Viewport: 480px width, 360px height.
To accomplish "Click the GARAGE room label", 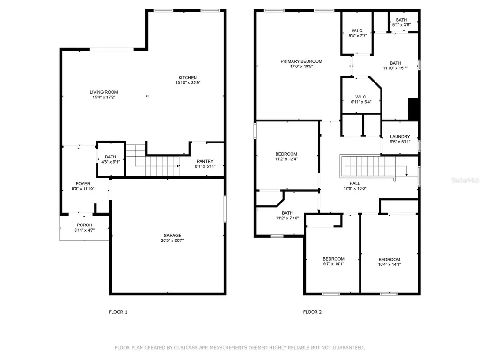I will click(x=172, y=236).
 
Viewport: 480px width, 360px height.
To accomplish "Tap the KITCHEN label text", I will click(x=187, y=78).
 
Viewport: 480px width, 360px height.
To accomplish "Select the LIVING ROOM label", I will click(x=104, y=92).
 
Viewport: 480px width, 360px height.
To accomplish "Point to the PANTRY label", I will click(x=205, y=160).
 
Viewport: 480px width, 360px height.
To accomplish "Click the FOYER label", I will click(x=83, y=184).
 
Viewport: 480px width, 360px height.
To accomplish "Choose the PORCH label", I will click(x=84, y=225).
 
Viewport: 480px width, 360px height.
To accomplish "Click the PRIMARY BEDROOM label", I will click(x=301, y=61).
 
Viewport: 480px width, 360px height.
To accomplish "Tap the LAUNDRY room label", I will click(x=400, y=137).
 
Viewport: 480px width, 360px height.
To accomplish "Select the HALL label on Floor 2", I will click(x=355, y=184).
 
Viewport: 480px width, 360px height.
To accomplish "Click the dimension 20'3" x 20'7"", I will click(x=172, y=241).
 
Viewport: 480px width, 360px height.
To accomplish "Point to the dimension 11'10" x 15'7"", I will click(x=396, y=68).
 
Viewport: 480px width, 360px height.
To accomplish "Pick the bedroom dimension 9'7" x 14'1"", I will click(x=333, y=264).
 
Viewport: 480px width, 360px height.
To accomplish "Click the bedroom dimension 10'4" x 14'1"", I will click(x=389, y=265).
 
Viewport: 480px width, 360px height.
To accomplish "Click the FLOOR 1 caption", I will click(x=118, y=312).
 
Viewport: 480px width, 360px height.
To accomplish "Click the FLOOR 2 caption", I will click(x=312, y=312).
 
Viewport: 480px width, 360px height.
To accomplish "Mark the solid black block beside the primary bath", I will click(x=413, y=109).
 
